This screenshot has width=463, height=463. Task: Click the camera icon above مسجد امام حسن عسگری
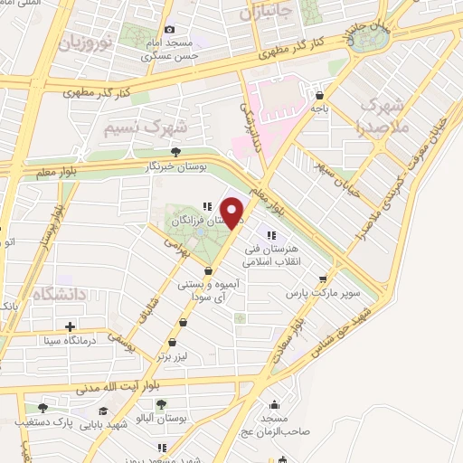point(168,29)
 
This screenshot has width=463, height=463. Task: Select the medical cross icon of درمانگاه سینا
point(70,326)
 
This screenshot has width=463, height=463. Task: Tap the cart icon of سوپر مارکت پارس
point(323,280)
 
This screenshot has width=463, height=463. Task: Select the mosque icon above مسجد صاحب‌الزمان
point(275,404)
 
